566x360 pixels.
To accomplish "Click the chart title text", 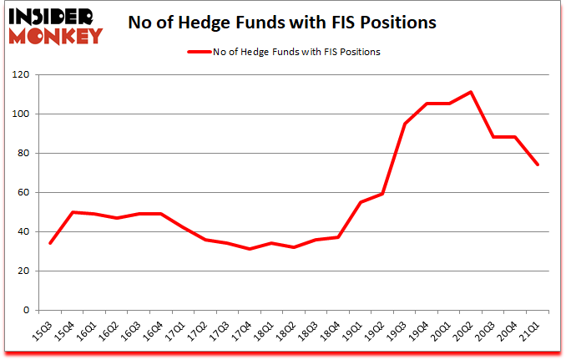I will [282, 23].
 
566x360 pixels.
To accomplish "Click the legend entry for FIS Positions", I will [296, 52].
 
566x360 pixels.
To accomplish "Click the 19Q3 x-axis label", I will [404, 327].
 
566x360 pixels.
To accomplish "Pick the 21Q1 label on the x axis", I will [535, 327].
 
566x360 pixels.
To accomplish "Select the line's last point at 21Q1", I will [538, 165].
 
